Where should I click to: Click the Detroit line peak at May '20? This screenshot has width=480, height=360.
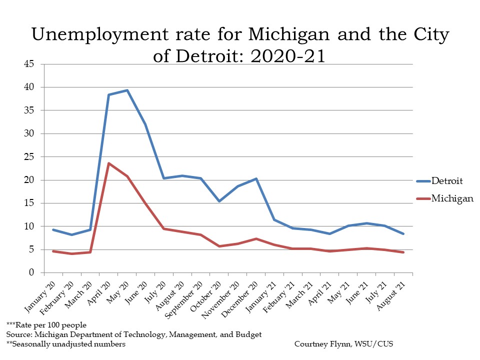[127, 90]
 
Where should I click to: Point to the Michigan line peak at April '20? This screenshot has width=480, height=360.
[109, 163]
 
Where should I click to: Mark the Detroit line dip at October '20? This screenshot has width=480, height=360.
[219, 201]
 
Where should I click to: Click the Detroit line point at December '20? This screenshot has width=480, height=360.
[256, 178]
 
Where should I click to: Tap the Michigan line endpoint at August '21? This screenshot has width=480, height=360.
[403, 252]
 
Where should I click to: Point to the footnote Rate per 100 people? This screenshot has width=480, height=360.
[51, 325]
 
